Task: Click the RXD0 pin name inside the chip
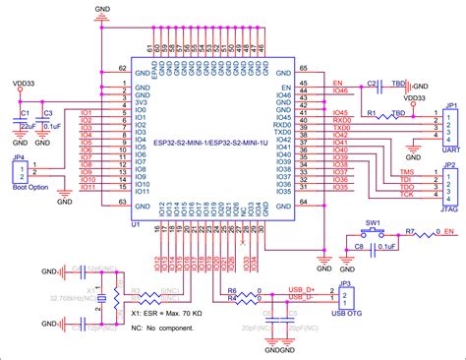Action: click(281, 126)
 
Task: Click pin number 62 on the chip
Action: click(122, 69)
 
